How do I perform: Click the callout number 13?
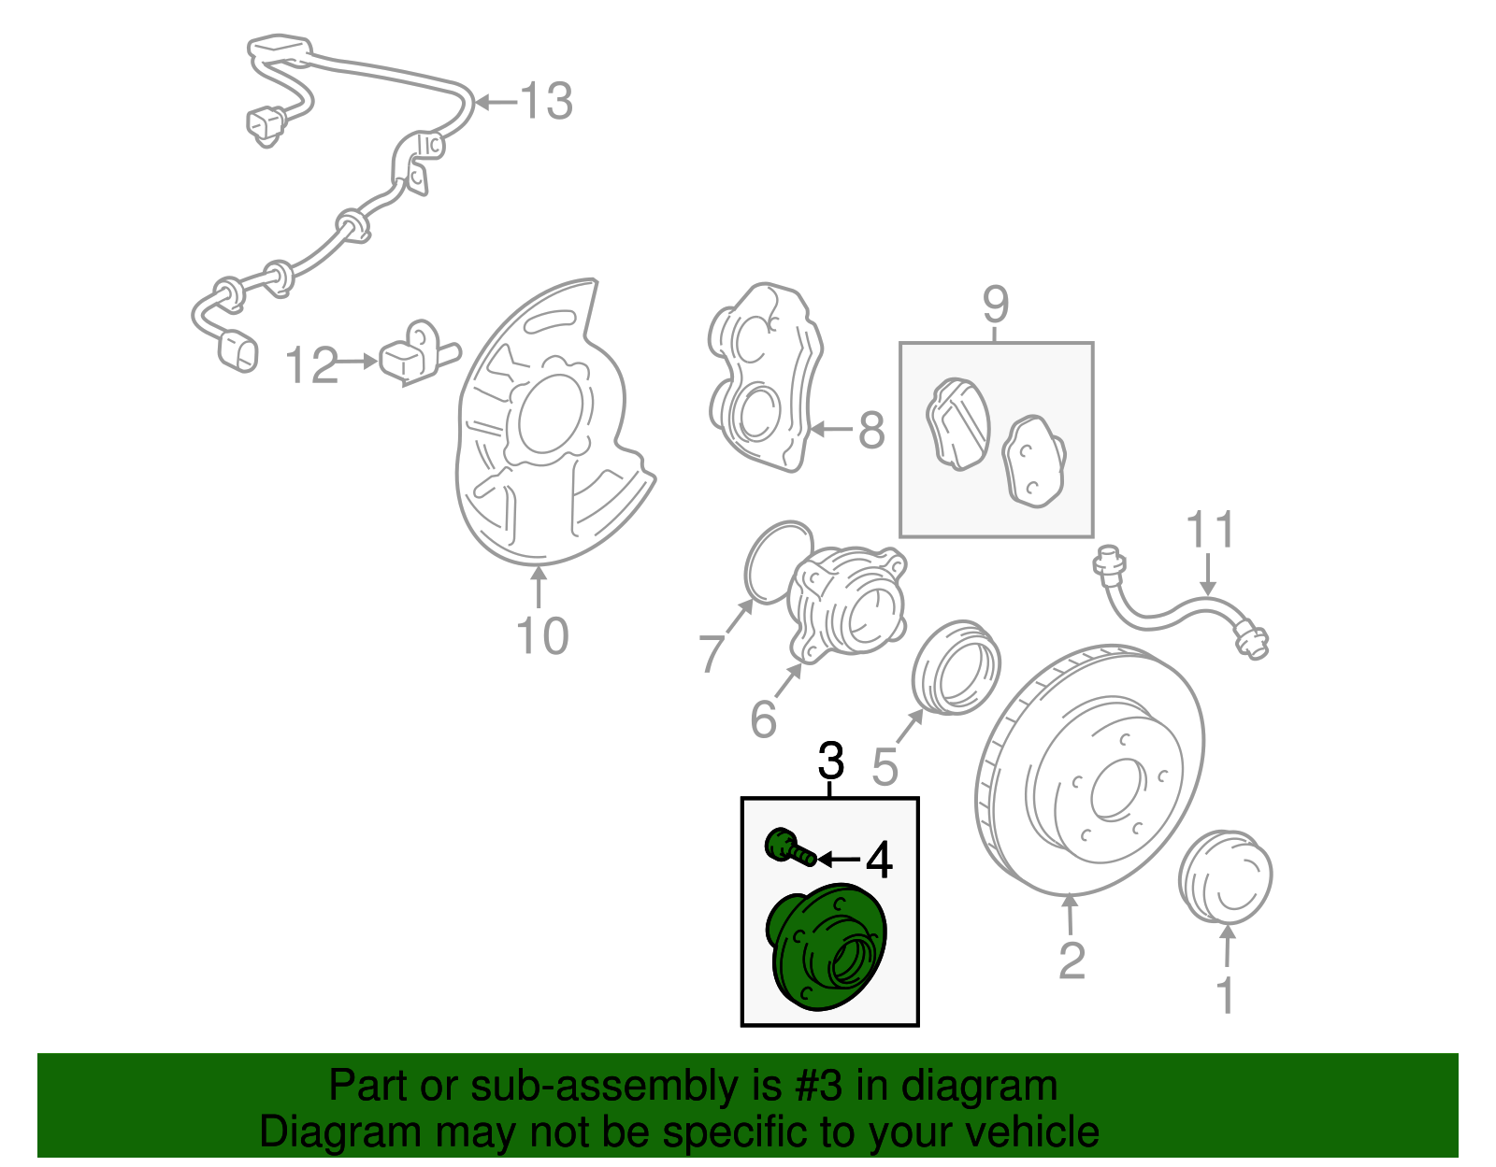point(545,101)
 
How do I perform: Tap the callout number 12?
point(310,365)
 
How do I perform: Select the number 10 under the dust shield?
point(541,636)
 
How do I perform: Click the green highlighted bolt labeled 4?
point(785,847)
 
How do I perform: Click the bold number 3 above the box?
point(830,761)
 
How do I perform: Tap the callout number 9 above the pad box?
point(996,305)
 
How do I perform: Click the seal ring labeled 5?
point(956,664)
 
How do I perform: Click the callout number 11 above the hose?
point(1210,530)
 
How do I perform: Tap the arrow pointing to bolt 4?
point(839,858)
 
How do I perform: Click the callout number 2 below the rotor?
point(1072,961)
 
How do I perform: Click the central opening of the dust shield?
point(550,415)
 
